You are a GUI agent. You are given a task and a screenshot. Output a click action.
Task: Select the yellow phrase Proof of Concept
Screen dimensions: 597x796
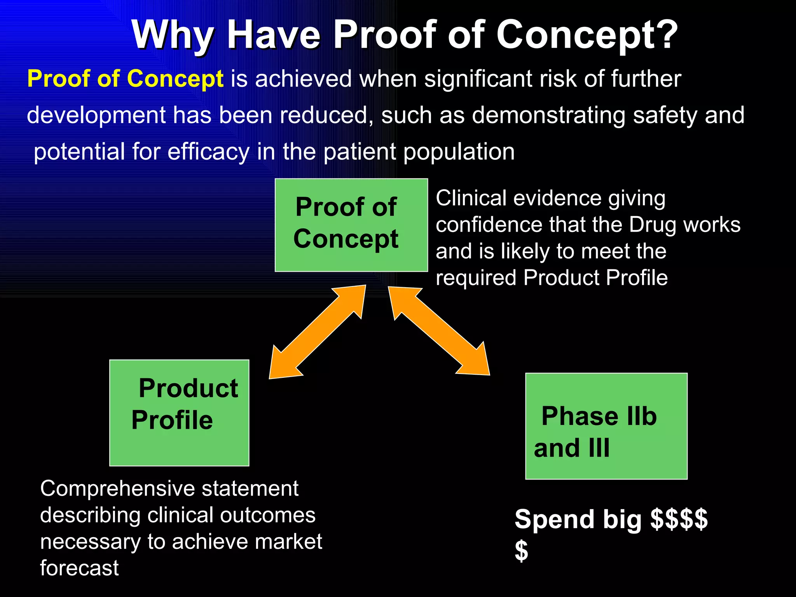pyautogui.click(x=125, y=79)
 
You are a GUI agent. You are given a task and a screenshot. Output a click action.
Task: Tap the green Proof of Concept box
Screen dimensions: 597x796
pyautogui.click(x=351, y=225)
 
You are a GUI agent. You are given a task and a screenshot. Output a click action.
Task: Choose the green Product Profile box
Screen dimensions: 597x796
pyautogui.click(x=179, y=413)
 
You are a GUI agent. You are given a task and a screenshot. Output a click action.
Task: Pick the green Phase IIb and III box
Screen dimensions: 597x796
pyautogui.click(x=606, y=426)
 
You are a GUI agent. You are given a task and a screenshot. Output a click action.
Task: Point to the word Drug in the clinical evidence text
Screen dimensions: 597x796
pyautogui.click(x=653, y=225)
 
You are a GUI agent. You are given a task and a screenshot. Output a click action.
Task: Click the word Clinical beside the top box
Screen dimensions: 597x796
pyautogui.click(x=471, y=198)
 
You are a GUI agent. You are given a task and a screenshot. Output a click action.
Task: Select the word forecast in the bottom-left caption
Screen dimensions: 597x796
pyautogui.click(x=79, y=568)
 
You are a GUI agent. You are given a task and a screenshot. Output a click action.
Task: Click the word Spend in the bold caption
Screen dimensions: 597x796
pyautogui.click(x=554, y=519)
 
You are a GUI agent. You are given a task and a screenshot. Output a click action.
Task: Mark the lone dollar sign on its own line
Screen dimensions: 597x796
pyautogui.click(x=521, y=551)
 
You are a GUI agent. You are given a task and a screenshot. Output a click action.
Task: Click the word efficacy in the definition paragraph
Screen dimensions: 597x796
pyautogui.click(x=208, y=152)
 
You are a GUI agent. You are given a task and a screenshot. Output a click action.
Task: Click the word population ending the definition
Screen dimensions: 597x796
pyautogui.click(x=459, y=152)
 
